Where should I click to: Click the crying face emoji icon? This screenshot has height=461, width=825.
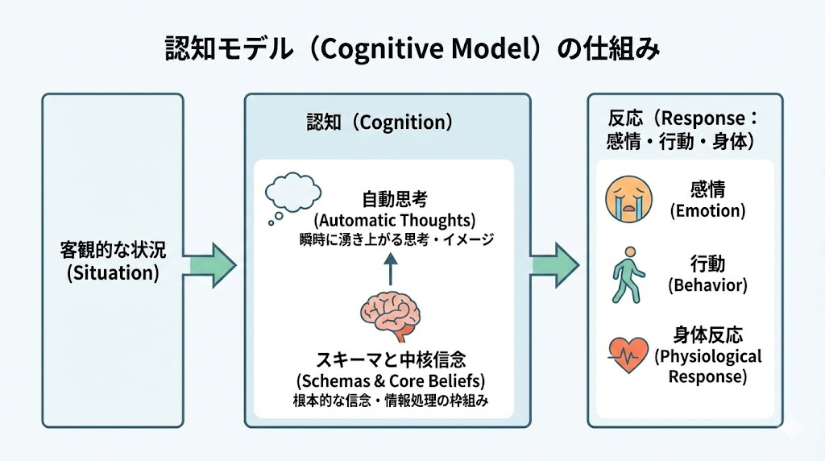click(628, 200)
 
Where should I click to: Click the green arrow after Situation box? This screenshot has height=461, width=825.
click(214, 263)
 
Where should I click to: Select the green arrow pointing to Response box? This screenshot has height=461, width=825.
click(554, 263)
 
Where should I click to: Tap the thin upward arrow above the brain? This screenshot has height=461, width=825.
click(390, 268)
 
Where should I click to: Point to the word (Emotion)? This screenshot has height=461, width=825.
click(707, 211)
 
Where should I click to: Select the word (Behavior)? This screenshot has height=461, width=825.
click(707, 284)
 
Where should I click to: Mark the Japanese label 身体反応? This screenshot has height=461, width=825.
click(707, 335)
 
